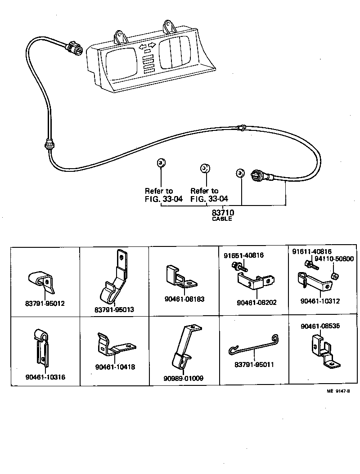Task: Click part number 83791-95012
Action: tap(45, 304)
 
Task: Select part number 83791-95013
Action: tap(114, 310)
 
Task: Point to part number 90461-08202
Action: tap(256, 302)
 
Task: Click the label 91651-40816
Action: tap(243, 255)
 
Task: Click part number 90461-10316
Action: tap(45, 377)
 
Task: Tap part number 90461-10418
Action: tap(115, 367)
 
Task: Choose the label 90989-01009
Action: tap(183, 378)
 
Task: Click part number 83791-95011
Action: tap(254, 365)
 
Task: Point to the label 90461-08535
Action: tap(320, 328)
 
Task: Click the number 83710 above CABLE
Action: tap(222, 212)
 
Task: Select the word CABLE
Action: tap(222, 219)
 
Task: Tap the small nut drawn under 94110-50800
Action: tap(334, 275)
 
